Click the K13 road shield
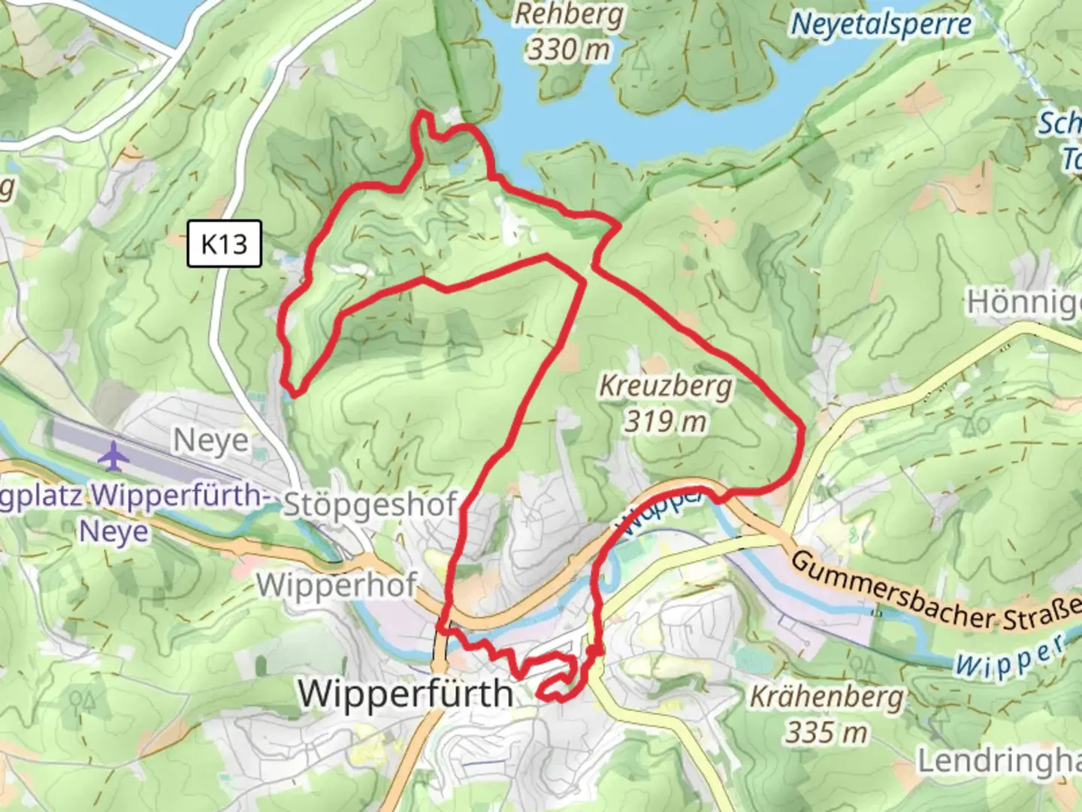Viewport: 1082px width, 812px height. click(224, 244)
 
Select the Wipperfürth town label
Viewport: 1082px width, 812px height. click(406, 693)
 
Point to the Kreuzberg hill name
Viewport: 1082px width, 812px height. click(665, 386)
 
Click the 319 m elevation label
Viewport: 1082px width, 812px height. click(666, 421)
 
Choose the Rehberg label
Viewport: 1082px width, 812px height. click(569, 15)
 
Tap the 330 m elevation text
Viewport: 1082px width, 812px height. click(569, 50)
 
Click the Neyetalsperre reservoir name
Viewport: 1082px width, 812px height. click(881, 24)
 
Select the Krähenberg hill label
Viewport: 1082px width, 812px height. click(827, 698)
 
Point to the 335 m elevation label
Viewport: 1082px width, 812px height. click(827, 732)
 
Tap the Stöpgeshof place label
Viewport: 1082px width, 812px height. click(370, 505)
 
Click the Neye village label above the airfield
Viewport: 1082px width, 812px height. click(211, 441)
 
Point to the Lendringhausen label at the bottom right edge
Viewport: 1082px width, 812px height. click(999, 761)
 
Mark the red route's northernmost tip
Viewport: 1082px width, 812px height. click(425, 114)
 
